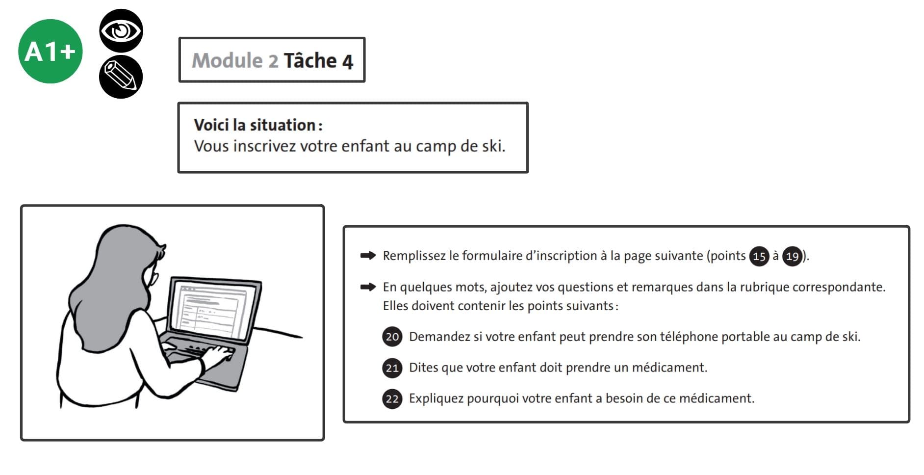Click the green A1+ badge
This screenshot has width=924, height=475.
50,52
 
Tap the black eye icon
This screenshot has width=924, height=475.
121,30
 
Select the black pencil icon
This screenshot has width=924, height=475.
121,77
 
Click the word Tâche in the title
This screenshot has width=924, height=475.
310,61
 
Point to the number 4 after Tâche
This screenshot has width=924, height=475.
347,62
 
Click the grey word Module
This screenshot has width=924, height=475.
227,61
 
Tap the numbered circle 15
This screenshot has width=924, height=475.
759,256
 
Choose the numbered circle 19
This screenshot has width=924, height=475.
792,256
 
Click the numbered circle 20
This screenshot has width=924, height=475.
392,337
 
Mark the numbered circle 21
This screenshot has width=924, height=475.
392,368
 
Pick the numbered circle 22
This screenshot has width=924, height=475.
392,398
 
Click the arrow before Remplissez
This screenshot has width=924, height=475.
368,255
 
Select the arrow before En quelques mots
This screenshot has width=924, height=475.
368,287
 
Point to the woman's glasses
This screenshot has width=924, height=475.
154,278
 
